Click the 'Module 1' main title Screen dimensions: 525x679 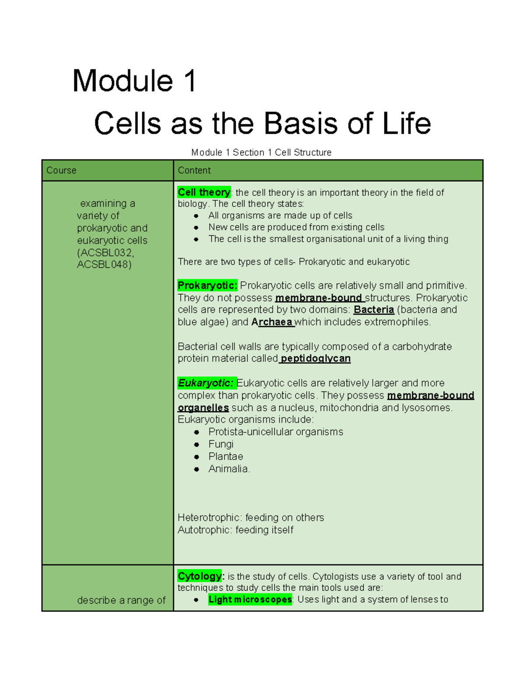pyautogui.click(x=134, y=81)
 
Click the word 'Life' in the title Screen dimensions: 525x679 pyautogui.click(x=406, y=123)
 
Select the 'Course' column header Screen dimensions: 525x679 pyautogui.click(x=61, y=171)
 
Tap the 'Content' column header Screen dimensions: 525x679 pyautogui.click(x=194, y=171)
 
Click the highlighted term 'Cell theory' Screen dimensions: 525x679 pyautogui.click(x=204, y=192)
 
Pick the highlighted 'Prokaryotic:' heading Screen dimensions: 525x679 pyautogui.click(x=207, y=286)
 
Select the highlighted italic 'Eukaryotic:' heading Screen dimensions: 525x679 pyautogui.click(x=206, y=383)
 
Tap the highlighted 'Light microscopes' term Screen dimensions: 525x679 pyautogui.click(x=250, y=599)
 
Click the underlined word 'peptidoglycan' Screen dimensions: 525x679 pyautogui.click(x=315, y=359)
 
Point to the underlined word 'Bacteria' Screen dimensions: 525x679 pyautogui.click(x=374, y=310)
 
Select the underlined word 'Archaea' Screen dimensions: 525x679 pyautogui.click(x=272, y=322)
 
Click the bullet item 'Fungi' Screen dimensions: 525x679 pyautogui.click(x=221, y=444)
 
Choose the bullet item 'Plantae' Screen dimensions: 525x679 pyautogui.click(x=226, y=456)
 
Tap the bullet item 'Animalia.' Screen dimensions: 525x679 pyautogui.click(x=229, y=469)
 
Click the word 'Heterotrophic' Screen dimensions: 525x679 pyautogui.click(x=209, y=518)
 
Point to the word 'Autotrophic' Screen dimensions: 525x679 pyautogui.click(x=204, y=530)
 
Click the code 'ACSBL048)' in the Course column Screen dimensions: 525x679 pyautogui.click(x=104, y=265)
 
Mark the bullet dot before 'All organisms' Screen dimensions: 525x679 pyautogui.click(x=196, y=216)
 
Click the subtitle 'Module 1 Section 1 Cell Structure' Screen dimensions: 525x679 pyautogui.click(x=261, y=153)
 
